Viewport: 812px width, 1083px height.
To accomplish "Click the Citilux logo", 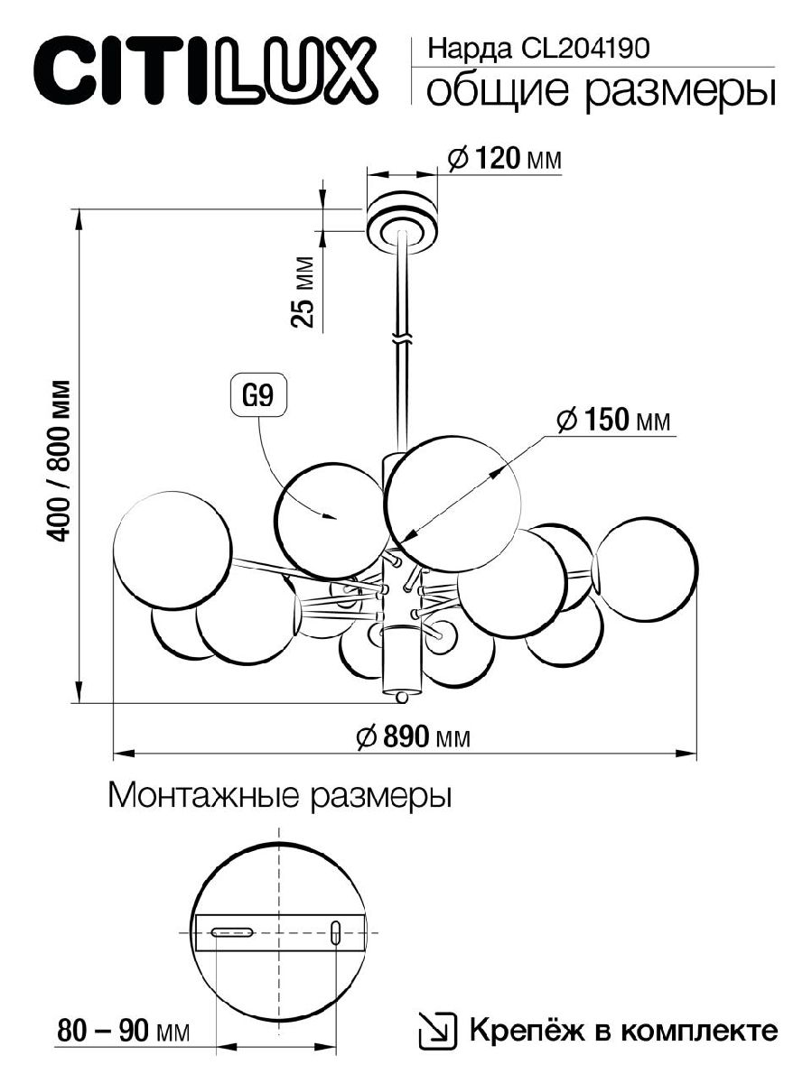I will pyautogui.click(x=204, y=69).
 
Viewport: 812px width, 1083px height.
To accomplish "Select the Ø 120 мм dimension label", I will pyautogui.click(x=505, y=159).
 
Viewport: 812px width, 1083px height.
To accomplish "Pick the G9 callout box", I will pyautogui.click(x=259, y=398).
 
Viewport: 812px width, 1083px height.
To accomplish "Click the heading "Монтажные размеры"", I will pyautogui.click(x=279, y=796).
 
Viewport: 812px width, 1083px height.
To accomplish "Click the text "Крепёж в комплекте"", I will pyautogui.click(x=621, y=1030).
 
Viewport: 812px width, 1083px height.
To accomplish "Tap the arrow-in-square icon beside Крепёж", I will pyautogui.click(x=438, y=1031).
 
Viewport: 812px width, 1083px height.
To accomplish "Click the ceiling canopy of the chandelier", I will pyautogui.click(x=402, y=219).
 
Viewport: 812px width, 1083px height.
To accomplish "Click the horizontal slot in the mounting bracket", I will pyautogui.click(x=232, y=933).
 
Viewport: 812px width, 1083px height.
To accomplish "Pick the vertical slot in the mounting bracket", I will pyautogui.click(x=336, y=933).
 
